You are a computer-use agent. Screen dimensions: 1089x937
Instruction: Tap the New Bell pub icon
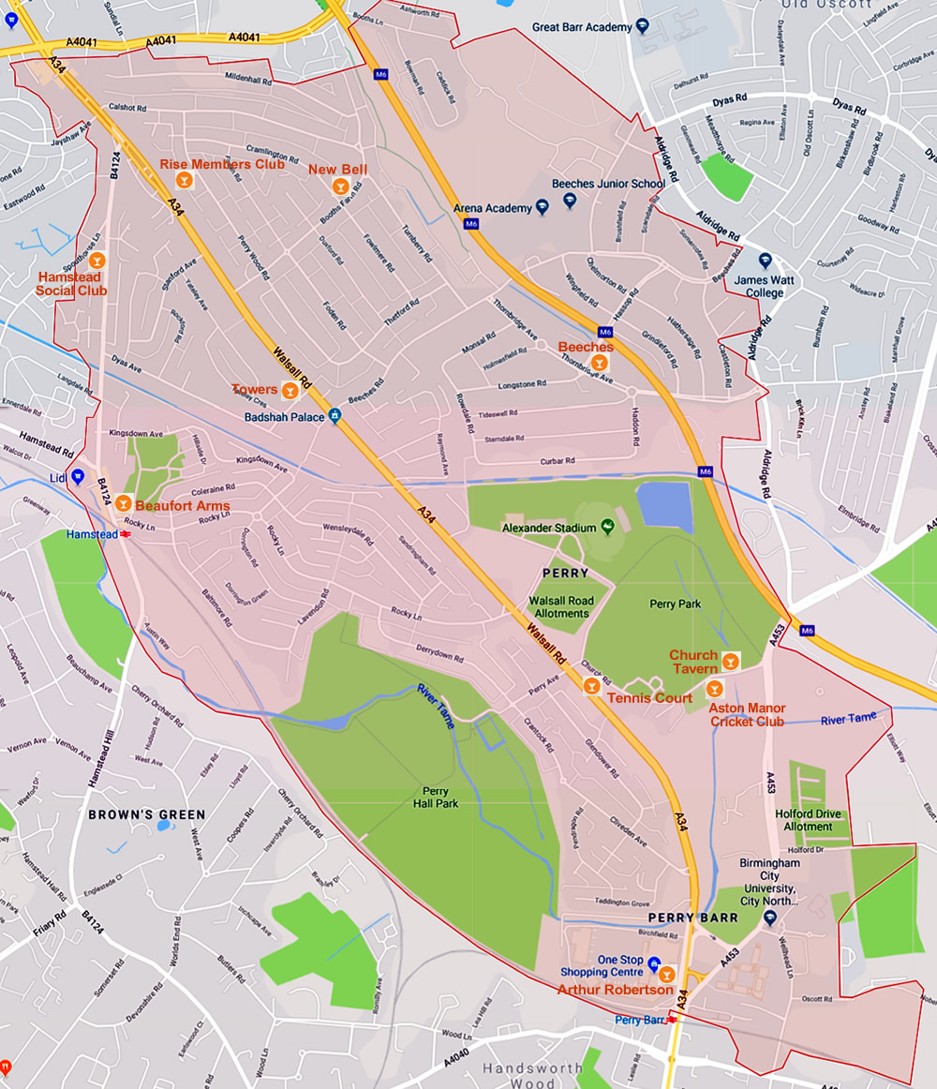[x=339, y=186]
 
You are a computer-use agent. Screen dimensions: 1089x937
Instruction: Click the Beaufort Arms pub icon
[x=123, y=505]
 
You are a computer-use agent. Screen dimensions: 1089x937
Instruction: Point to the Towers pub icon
[x=290, y=389]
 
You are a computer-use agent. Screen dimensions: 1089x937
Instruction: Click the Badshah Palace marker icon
[x=335, y=416]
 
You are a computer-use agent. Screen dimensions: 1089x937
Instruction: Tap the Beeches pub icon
[x=599, y=363]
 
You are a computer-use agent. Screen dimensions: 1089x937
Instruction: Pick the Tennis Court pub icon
[x=591, y=687]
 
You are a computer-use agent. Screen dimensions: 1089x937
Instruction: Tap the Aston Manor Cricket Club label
[x=747, y=715]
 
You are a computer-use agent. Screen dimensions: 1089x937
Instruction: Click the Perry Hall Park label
[x=436, y=797]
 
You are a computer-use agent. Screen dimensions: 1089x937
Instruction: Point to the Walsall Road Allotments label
[x=561, y=607]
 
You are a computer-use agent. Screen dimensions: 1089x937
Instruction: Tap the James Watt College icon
[x=765, y=261]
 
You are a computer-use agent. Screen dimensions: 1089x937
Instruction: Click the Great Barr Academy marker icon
[x=642, y=27]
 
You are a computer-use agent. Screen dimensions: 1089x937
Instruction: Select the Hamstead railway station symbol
[x=124, y=534]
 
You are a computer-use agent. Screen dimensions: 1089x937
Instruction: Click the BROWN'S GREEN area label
[x=147, y=814]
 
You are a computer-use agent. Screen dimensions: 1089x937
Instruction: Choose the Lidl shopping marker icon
[x=79, y=477]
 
